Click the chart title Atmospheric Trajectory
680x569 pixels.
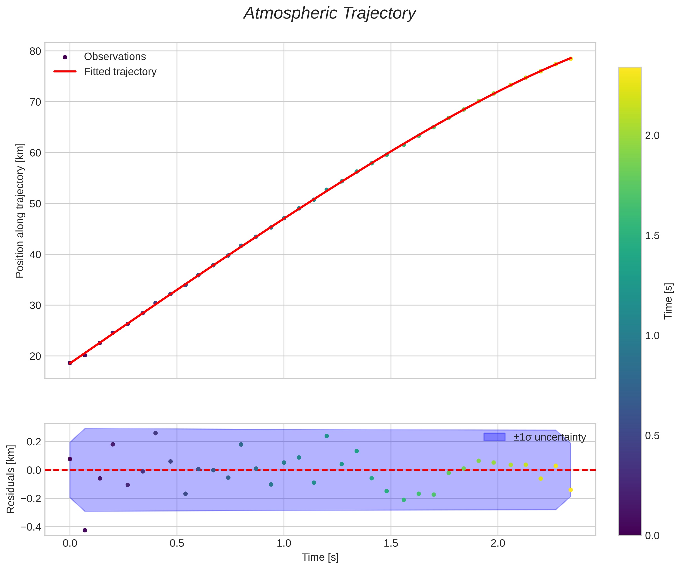pos(330,14)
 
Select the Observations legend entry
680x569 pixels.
pos(115,57)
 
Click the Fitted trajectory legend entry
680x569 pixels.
pos(120,72)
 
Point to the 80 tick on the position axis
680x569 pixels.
pos(35,51)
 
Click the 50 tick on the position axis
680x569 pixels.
pos(35,204)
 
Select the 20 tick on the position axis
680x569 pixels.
pos(35,356)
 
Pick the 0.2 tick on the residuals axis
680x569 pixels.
pos(34,442)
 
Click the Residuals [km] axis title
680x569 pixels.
pos(11,479)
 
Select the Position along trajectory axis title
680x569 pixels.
pos(20,211)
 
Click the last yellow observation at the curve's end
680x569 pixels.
pos(571,59)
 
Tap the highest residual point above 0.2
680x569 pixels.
pos(156,433)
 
